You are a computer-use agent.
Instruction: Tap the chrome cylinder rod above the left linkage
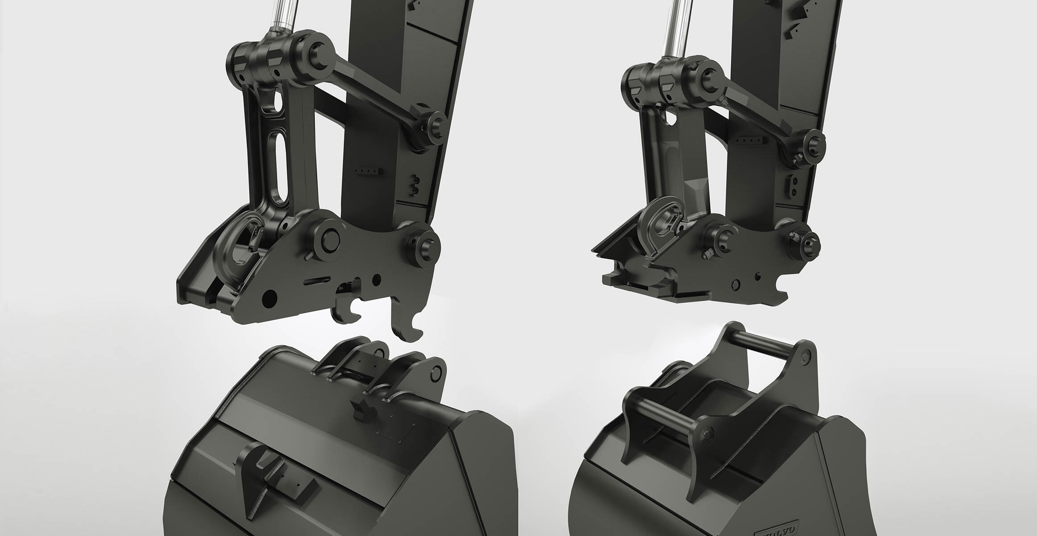point(283,16)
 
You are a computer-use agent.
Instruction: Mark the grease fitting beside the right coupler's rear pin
point(795,236)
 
